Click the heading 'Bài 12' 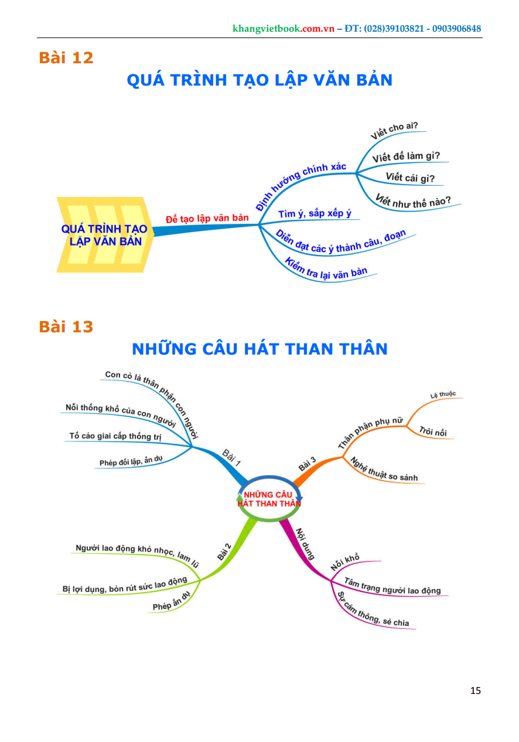[66, 58]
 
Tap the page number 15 [475, 690]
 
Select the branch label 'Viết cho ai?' [398, 131]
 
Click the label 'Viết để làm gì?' [406, 156]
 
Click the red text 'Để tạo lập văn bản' [207, 218]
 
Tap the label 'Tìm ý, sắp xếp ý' [315, 213]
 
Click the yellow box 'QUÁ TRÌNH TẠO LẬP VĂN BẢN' [105, 235]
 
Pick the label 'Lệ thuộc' [443, 395]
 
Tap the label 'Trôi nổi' [433, 432]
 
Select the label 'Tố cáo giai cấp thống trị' [115, 436]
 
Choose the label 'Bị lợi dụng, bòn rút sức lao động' [125, 585]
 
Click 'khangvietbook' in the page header [266, 29]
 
